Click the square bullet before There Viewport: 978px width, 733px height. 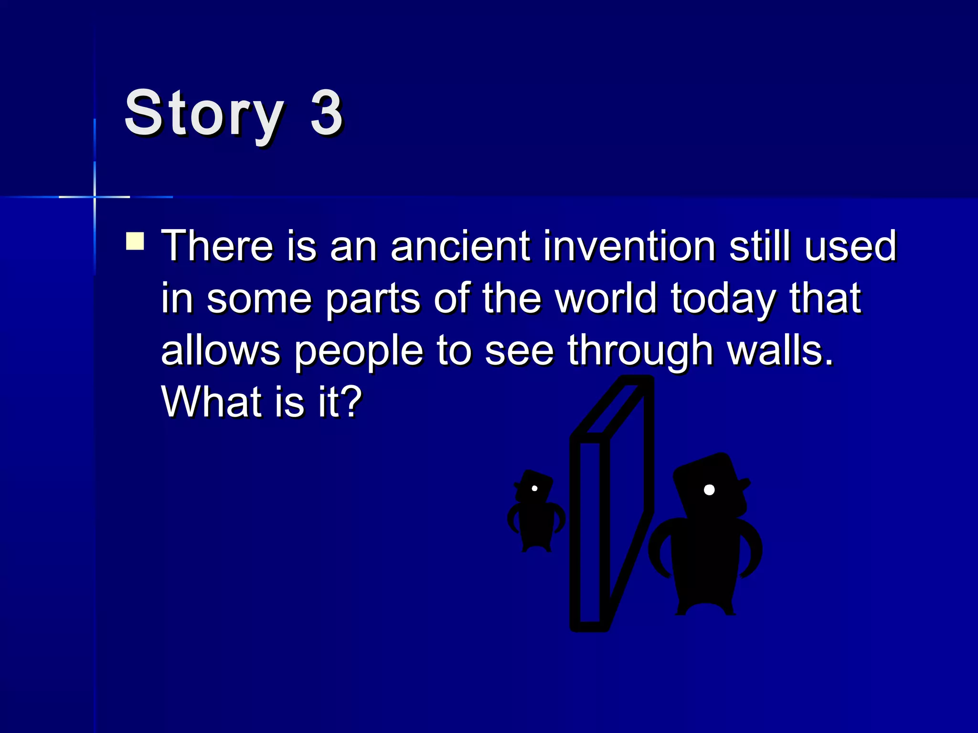(135, 241)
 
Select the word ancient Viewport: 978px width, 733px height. (460, 246)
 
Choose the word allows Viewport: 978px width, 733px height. (221, 351)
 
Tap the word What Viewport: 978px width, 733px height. (212, 402)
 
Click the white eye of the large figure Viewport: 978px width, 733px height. (709, 490)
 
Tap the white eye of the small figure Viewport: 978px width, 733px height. (534, 488)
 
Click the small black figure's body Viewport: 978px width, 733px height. (536, 525)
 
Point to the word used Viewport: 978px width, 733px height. (850, 246)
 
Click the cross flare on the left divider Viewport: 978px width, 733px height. (95, 197)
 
